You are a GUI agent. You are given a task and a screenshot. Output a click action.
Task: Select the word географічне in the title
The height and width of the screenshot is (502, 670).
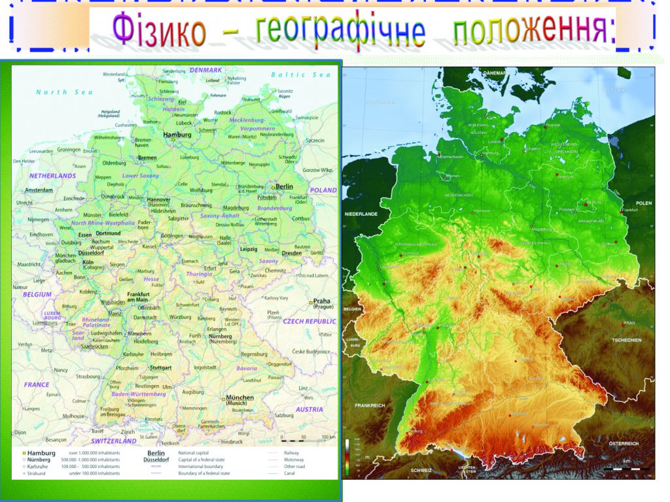(x=340, y=31)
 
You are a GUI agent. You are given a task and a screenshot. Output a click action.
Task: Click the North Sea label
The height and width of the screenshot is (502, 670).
(x=64, y=92)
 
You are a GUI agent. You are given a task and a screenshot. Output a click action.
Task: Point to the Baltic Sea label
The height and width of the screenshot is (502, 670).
(x=301, y=75)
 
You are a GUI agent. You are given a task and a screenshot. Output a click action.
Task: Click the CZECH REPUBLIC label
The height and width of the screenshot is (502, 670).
(x=309, y=322)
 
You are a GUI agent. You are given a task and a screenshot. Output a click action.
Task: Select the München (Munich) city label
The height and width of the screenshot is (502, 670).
(x=239, y=400)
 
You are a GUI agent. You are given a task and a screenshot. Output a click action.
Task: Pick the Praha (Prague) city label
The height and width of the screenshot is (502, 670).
(x=321, y=305)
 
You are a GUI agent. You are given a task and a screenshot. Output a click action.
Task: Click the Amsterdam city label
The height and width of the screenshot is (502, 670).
(x=39, y=190)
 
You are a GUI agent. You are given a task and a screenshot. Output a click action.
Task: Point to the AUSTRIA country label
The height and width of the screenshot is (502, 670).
(x=309, y=409)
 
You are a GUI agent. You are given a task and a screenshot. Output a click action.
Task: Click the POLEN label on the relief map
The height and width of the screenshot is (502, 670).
(x=644, y=203)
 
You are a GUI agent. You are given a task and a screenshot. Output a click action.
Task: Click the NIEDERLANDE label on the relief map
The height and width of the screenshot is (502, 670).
(x=361, y=214)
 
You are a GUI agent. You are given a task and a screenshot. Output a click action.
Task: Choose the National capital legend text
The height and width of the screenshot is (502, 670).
(x=198, y=452)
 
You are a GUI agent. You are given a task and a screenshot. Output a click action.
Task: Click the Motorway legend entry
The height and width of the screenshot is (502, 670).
(x=294, y=460)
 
